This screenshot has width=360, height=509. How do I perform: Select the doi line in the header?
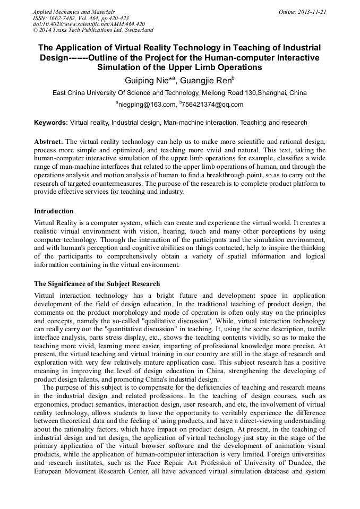click(x=89, y=24)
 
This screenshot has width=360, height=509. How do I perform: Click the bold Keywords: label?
click(x=51, y=123)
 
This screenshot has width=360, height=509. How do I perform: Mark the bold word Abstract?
click(x=48, y=142)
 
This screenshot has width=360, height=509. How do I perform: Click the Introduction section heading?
click(x=54, y=211)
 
